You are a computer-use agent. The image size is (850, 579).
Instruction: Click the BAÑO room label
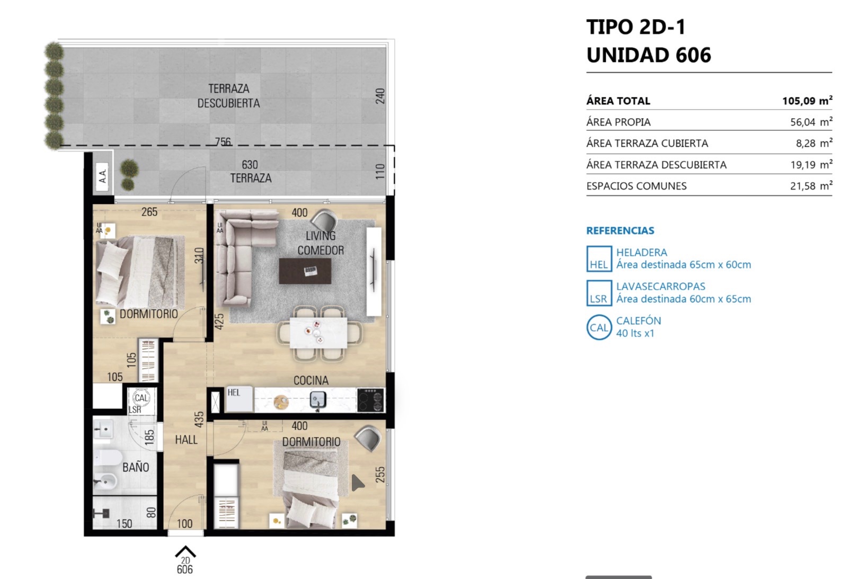136,467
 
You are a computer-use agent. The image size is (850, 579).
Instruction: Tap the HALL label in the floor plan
186,439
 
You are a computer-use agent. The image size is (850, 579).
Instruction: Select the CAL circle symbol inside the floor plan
141,398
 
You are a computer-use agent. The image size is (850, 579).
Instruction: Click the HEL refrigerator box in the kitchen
240,399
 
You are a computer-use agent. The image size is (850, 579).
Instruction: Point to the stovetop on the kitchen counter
371,399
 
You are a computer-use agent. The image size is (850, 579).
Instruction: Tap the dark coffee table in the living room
305,271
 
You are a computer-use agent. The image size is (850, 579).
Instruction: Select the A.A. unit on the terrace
102,176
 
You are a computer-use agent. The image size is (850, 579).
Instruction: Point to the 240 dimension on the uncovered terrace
380,96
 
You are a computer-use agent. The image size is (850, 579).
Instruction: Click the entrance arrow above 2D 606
185,551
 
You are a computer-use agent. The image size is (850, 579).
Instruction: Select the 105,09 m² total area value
807,101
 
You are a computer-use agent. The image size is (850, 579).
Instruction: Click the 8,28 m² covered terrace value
814,143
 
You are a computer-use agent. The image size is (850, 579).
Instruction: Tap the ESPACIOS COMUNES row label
636,186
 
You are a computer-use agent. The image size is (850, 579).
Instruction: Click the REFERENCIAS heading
620,230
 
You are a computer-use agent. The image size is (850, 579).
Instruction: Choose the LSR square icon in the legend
599,293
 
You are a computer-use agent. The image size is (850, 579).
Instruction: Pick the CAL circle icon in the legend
599,327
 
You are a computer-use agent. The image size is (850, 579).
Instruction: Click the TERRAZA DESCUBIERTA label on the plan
228,95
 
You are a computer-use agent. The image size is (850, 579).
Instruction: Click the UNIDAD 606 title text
649,55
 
